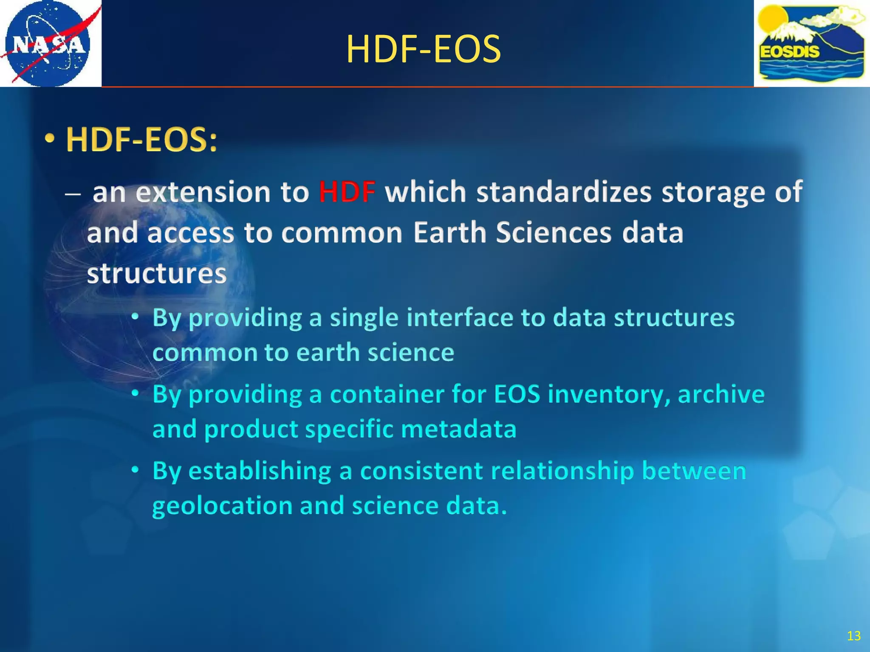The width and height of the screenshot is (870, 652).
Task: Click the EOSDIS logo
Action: (811, 43)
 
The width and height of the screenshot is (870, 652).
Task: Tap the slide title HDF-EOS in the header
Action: (424, 50)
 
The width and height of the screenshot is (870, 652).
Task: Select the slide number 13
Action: (853, 635)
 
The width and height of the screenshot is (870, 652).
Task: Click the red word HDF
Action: (347, 192)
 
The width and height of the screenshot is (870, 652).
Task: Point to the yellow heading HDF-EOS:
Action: (142, 140)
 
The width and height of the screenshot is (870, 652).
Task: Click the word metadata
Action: (458, 429)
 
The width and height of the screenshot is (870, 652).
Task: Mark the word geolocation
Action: (222, 506)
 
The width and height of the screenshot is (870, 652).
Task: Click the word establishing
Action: (260, 471)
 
